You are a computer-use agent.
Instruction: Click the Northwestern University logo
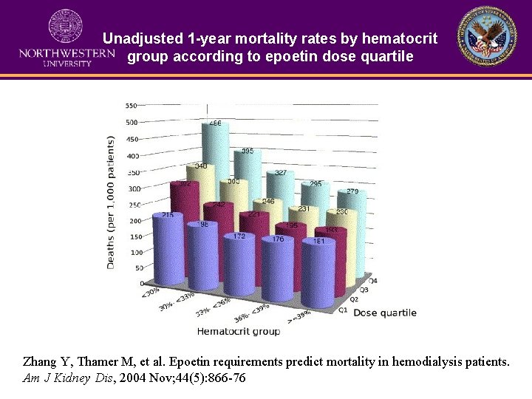tap(66, 38)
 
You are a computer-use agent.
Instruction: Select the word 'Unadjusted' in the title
tap(138, 38)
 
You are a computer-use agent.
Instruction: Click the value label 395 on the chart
tap(248, 151)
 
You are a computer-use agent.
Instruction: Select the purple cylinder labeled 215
tap(168, 251)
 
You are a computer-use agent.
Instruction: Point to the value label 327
tap(282, 173)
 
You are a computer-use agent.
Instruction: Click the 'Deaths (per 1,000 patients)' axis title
tap(110, 202)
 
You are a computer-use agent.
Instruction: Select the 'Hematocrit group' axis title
tap(238, 331)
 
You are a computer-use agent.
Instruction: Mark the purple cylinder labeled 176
tap(279, 273)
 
